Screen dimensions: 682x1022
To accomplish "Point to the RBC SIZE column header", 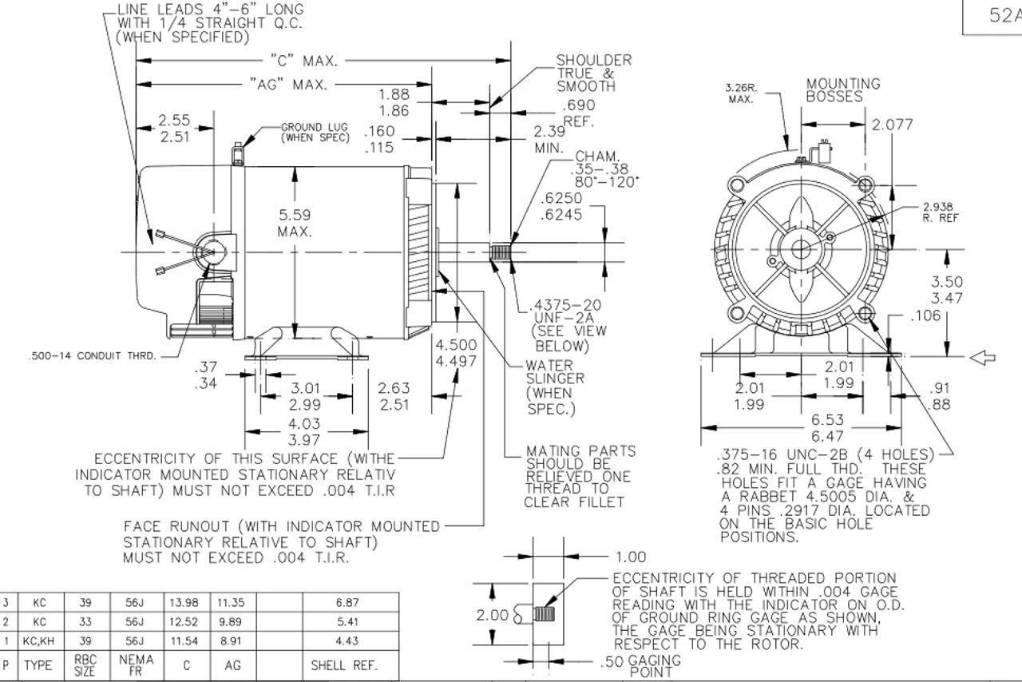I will pyautogui.click(x=85, y=665).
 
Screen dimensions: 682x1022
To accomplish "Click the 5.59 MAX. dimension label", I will pyautogui.click(x=295, y=223).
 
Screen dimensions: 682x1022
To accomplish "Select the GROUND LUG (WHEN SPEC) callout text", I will pyautogui.click(x=315, y=133).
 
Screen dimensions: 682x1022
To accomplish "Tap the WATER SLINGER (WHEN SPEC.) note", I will pyautogui.click(x=554, y=387).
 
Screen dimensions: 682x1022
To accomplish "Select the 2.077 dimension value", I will pyautogui.click(x=893, y=125).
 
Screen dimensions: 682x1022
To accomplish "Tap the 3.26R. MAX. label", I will pyautogui.click(x=740, y=93).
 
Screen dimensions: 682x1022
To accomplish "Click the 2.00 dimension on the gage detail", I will pyautogui.click(x=492, y=616).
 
